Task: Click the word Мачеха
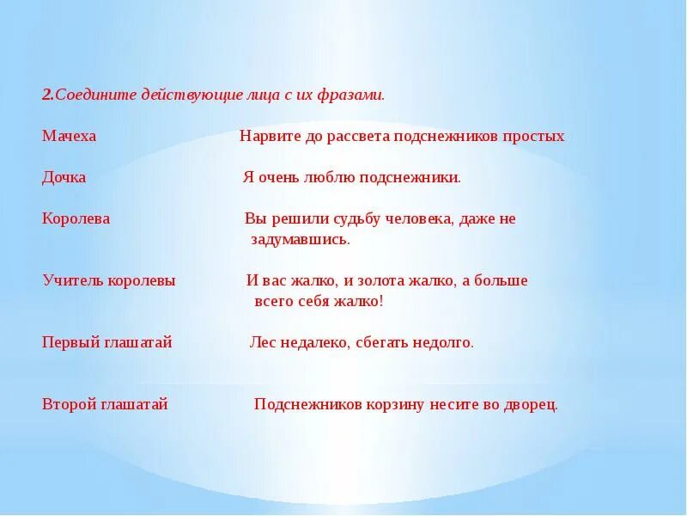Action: [x=70, y=137]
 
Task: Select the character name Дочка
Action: [x=64, y=178]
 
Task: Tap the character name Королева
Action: [x=76, y=218]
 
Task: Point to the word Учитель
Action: [x=70, y=280]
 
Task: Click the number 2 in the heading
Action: [x=46, y=95]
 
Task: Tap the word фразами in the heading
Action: [x=356, y=95]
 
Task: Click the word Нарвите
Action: [x=267, y=137]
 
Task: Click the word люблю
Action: [x=325, y=178]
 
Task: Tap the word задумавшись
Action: [x=301, y=239]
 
